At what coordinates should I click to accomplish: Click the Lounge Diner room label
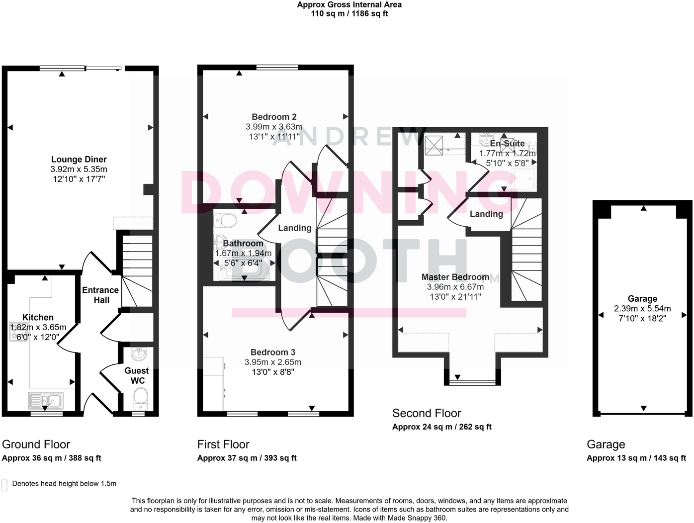pyautogui.click(x=79, y=160)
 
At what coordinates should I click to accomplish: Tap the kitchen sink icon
pyautogui.click(x=45, y=400)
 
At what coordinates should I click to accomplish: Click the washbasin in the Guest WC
pyautogui.click(x=138, y=354)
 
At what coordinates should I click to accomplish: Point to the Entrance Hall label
pyautogui.click(x=100, y=295)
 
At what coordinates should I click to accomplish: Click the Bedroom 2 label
pyautogui.click(x=274, y=117)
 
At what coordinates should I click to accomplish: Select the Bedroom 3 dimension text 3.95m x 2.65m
pyautogui.click(x=273, y=362)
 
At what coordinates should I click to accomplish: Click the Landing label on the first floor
pyautogui.click(x=294, y=228)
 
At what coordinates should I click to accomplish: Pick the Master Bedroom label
pyautogui.click(x=455, y=277)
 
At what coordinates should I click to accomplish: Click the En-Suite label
pyautogui.click(x=507, y=143)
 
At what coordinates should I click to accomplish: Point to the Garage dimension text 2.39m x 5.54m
pyautogui.click(x=642, y=309)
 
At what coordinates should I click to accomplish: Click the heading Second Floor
pyautogui.click(x=427, y=413)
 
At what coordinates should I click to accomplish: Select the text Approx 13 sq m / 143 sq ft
pyautogui.click(x=636, y=458)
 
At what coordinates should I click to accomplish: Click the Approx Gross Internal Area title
pyautogui.click(x=349, y=5)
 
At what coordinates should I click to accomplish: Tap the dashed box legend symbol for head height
pyautogui.click(x=4, y=485)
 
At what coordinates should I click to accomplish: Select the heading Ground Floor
pyautogui.click(x=36, y=444)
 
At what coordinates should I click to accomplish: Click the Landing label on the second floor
pyautogui.click(x=486, y=214)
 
